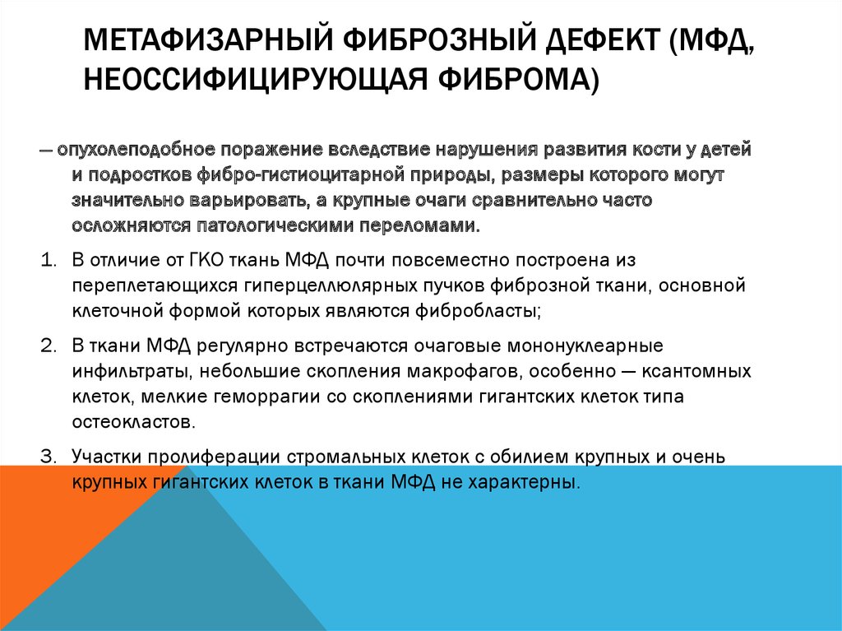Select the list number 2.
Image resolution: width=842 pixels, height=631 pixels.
48,345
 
